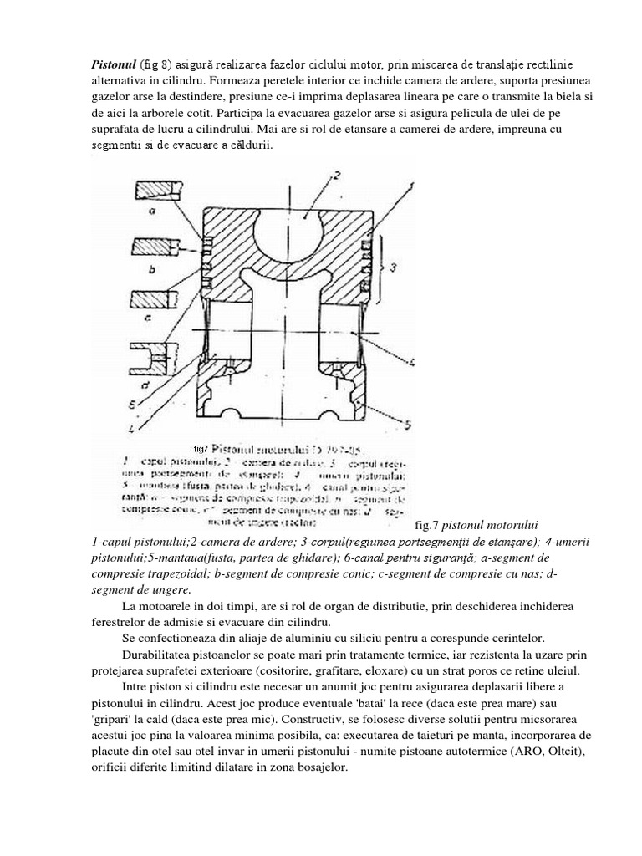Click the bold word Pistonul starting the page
point(113,65)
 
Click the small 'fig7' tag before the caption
point(200,447)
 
